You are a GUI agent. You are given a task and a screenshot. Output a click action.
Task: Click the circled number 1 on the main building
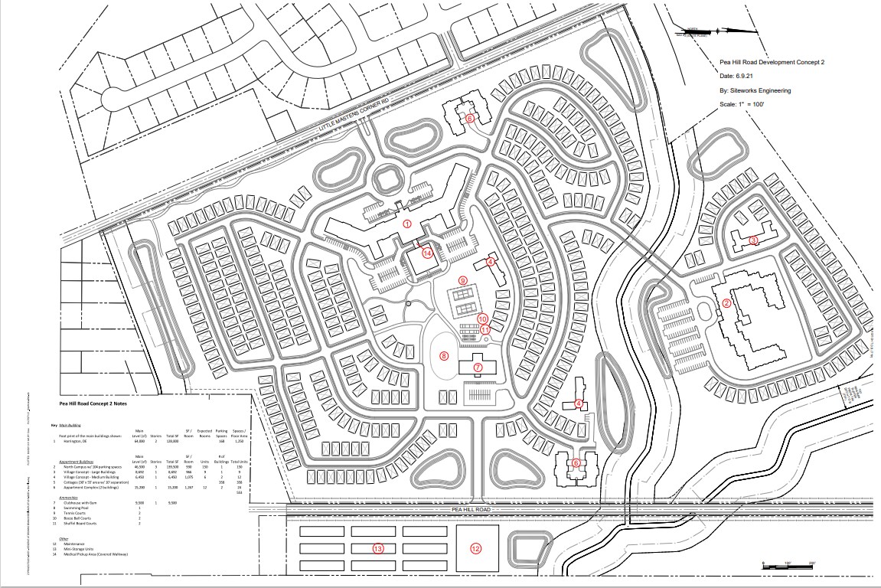pos(407,224)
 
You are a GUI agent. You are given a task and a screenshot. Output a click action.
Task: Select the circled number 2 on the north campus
pos(727,302)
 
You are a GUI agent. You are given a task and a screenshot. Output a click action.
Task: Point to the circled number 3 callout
pos(753,240)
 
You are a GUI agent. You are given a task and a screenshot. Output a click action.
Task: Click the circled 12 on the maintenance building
pos(475,548)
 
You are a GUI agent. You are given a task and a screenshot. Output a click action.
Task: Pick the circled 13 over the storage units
pos(377,548)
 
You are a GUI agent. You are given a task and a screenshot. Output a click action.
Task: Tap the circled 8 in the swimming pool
pos(444,355)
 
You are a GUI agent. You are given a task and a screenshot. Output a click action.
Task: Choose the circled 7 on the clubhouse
pos(478,367)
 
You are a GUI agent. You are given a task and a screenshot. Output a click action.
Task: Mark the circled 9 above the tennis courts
pos(463,280)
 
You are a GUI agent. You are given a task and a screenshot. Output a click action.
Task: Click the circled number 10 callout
pos(482,318)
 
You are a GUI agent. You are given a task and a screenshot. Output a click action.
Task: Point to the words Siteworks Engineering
pos(762,90)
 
